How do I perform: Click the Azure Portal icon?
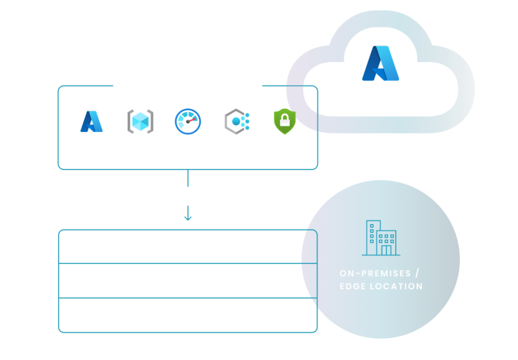tap(91, 121)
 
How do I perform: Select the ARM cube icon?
tap(140, 121)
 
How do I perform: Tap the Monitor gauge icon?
tap(188, 121)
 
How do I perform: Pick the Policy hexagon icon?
tap(237, 121)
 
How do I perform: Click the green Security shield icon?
tap(285, 121)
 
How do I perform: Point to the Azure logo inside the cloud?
tap(381, 63)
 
